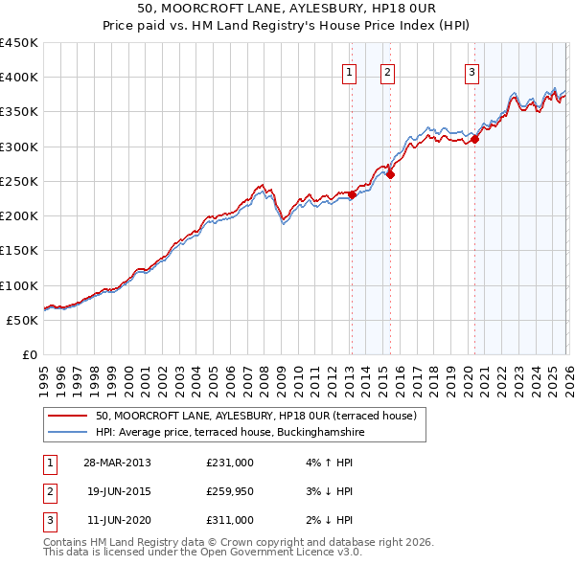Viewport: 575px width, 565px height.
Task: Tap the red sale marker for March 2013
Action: pos(352,194)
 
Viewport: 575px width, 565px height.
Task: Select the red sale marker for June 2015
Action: pos(390,174)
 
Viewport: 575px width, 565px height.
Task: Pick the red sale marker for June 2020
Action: pos(474,139)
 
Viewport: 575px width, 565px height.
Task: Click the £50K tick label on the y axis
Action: pos(23,321)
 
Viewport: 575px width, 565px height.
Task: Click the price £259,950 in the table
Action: pos(229,491)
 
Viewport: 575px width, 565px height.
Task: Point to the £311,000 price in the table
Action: pos(229,520)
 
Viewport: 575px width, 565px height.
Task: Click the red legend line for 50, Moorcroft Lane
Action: pos(68,417)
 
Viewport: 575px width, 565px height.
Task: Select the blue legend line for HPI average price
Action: pos(68,433)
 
